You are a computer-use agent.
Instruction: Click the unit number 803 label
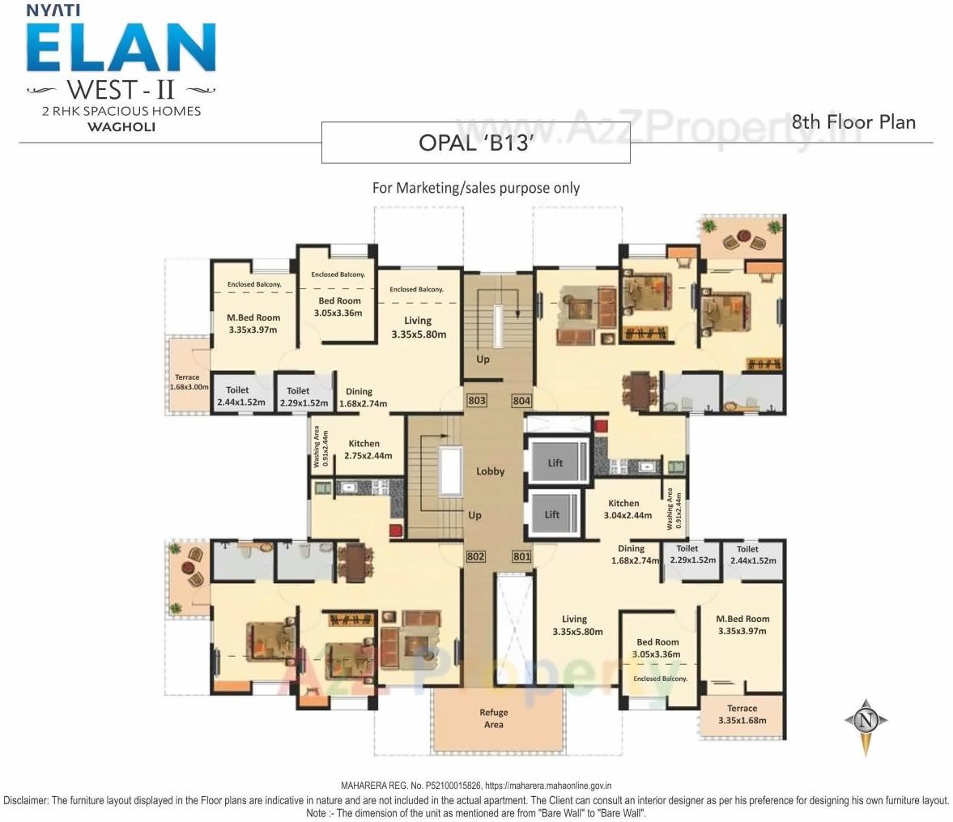point(477,400)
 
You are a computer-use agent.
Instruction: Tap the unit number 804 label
point(521,400)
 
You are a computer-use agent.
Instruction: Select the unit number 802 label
point(476,556)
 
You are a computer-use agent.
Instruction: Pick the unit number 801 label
point(521,556)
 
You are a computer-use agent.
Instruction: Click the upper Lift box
point(555,463)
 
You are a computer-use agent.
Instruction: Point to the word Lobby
point(490,471)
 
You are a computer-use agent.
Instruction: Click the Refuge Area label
point(493,718)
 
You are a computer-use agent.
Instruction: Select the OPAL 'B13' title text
point(475,143)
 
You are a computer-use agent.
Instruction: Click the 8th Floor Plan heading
point(853,122)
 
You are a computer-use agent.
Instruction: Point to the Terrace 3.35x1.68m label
point(742,714)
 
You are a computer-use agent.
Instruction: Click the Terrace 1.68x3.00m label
point(188,382)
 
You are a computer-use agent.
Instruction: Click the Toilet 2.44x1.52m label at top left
point(239,396)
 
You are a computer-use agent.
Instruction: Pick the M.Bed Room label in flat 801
point(742,624)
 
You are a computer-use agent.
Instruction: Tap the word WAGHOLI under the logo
point(121,127)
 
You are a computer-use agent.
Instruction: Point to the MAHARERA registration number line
point(475,785)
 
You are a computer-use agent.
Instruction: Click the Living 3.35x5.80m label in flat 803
point(418,327)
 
